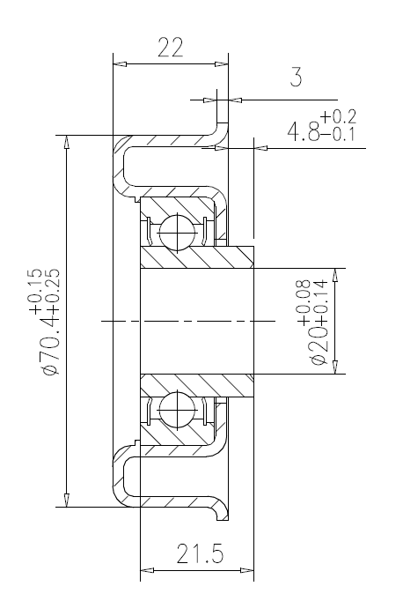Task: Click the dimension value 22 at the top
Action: (171, 47)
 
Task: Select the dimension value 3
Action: (296, 77)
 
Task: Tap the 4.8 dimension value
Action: (304, 131)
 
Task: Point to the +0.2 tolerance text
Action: (339, 116)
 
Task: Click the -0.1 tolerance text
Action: (339, 134)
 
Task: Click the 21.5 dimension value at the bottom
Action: (200, 554)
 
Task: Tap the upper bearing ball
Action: (178, 233)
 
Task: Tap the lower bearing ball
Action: (178, 410)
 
